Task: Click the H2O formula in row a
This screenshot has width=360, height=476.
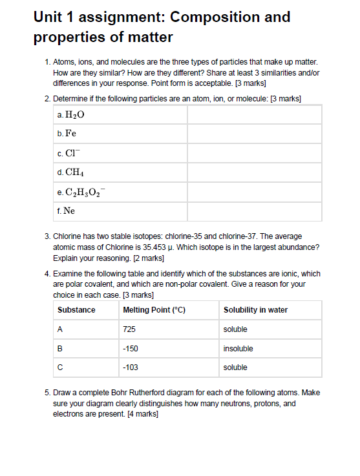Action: click(74, 115)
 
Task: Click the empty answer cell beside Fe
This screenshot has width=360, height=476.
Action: click(254, 134)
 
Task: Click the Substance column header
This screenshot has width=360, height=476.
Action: click(76, 310)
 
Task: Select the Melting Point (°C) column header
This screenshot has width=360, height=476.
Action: click(154, 310)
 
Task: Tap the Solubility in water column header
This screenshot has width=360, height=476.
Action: click(255, 310)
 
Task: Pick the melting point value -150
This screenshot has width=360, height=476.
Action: click(130, 349)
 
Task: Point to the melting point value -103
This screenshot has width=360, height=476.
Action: click(130, 367)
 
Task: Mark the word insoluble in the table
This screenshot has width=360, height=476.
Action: click(238, 349)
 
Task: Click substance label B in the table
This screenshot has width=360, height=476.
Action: click(60, 349)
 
